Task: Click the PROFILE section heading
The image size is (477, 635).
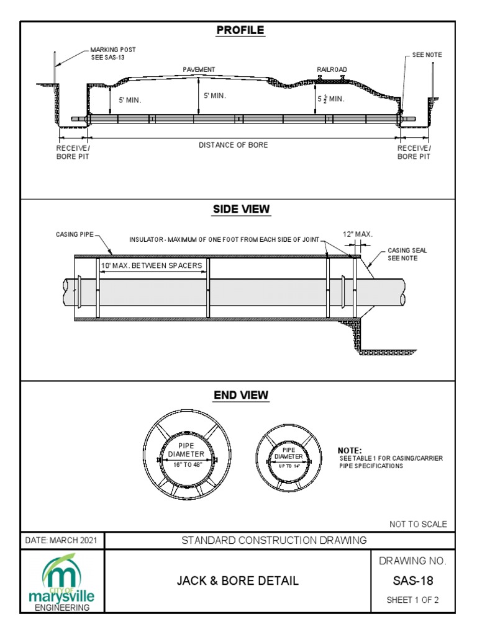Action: point(240,30)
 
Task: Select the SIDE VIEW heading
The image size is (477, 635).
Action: point(242,210)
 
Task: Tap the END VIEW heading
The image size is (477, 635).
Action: point(242,395)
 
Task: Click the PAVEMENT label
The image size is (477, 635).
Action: point(199,70)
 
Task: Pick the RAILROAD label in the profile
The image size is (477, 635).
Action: point(332,70)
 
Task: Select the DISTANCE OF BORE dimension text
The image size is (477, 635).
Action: point(234,145)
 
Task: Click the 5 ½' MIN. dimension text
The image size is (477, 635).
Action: point(330,99)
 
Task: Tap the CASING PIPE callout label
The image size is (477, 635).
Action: point(73,236)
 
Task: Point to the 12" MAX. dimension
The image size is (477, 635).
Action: point(358,234)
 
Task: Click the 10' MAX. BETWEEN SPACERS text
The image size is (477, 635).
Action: point(152,266)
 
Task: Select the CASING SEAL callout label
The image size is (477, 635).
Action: point(407,254)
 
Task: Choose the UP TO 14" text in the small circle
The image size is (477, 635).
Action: point(288,464)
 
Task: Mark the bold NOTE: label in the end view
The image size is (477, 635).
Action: point(349,451)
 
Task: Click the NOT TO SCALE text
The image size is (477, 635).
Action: point(418,524)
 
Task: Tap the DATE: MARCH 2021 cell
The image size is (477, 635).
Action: point(61,540)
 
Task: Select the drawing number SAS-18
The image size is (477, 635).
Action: point(413,581)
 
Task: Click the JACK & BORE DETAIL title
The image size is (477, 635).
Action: point(238,581)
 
